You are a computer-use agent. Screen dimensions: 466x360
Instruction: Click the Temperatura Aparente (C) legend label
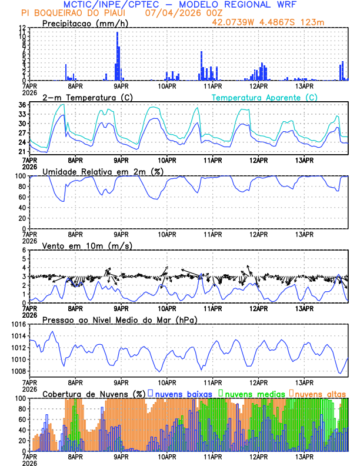click(264, 97)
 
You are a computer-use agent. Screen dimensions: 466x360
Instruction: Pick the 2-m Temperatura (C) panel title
click(88, 97)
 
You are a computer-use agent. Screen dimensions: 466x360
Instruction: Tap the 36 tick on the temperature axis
click(22, 105)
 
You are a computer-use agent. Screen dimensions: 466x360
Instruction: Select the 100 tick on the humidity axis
click(19, 176)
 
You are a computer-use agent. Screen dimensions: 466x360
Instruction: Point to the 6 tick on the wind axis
click(24, 250)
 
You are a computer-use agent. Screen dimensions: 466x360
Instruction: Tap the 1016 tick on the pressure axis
click(17, 324)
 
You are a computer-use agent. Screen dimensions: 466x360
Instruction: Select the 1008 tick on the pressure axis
click(17, 371)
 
